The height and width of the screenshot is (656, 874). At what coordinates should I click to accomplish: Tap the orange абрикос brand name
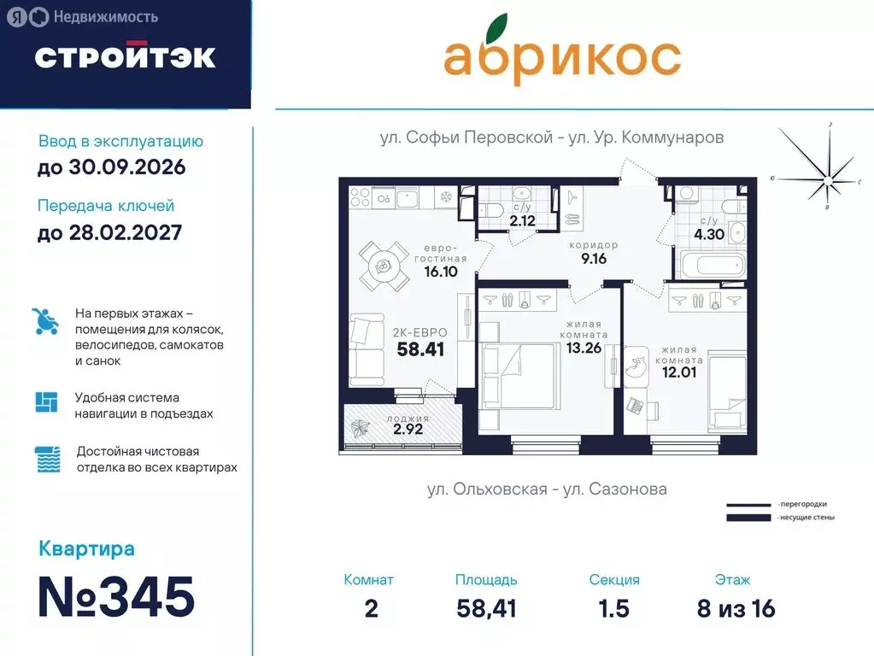click(561, 56)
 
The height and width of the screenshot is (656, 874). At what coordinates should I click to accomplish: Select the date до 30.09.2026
click(111, 167)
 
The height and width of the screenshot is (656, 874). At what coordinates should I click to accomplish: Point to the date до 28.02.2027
click(109, 232)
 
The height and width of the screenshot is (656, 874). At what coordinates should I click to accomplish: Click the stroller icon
click(45, 321)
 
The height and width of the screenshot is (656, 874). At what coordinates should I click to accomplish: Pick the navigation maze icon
click(46, 402)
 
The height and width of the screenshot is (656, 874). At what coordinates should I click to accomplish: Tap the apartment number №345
click(116, 597)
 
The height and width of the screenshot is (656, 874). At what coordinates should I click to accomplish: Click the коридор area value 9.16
click(593, 259)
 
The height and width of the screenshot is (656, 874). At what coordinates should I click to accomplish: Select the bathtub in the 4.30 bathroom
click(711, 263)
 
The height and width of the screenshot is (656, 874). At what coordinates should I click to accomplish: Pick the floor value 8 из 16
click(736, 609)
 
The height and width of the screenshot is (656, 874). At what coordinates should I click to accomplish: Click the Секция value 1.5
click(613, 609)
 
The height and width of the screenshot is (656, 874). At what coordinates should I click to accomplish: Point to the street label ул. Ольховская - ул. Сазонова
click(547, 489)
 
